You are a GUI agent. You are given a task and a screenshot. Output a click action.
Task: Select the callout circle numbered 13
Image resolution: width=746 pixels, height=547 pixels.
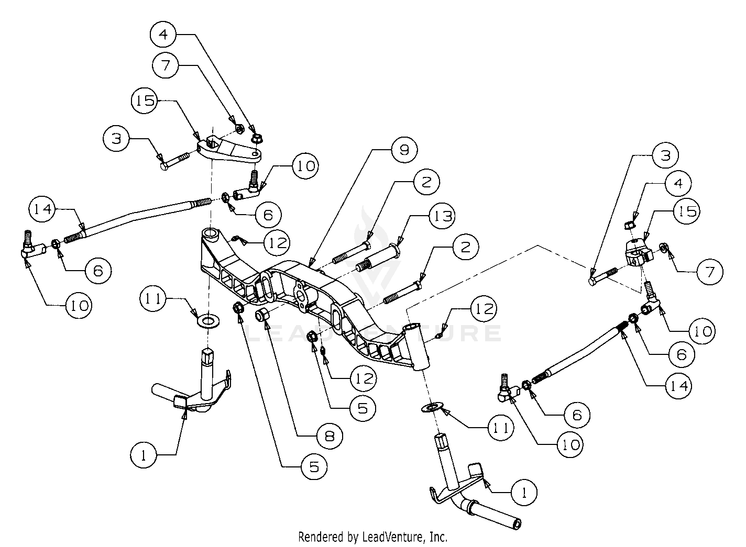tap(441, 216)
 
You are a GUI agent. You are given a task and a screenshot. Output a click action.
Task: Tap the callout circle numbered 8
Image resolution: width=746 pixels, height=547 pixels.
tap(330, 436)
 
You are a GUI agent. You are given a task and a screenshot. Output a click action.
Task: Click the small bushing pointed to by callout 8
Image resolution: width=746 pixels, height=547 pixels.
tap(262, 315)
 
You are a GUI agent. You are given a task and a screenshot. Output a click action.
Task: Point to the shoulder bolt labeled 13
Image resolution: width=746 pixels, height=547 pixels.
tap(376, 260)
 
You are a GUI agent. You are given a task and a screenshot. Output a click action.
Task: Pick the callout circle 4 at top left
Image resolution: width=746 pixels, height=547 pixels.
tap(164, 35)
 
